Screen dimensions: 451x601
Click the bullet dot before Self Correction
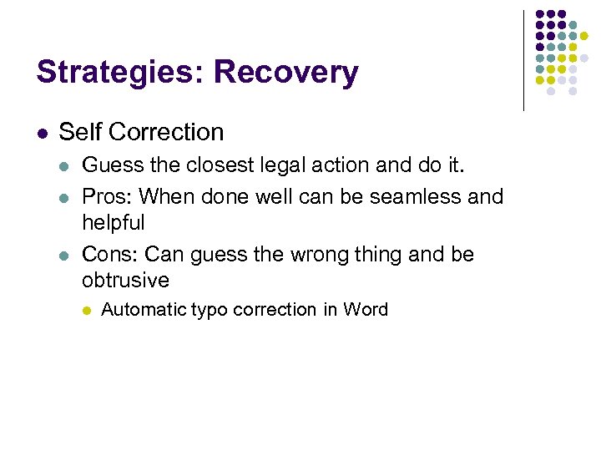click(x=43, y=133)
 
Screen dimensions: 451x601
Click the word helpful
click(x=114, y=223)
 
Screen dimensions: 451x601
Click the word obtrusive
click(x=125, y=280)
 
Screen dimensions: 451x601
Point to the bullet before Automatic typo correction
click(x=85, y=310)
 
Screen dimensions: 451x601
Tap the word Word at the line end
click(x=366, y=310)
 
